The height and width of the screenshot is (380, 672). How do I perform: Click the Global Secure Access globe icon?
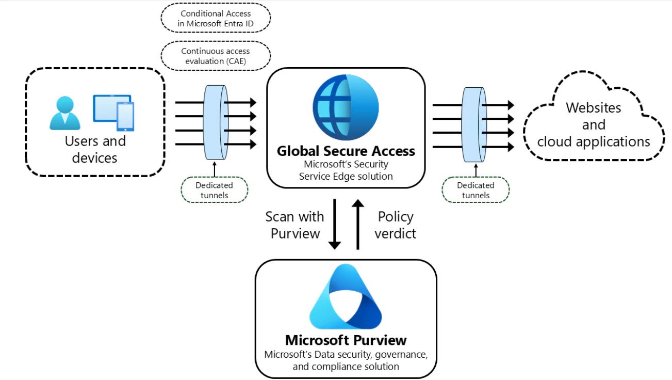click(x=346, y=107)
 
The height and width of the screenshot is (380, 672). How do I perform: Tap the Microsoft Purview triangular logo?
click(x=346, y=296)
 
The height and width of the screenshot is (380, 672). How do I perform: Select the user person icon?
click(x=65, y=113)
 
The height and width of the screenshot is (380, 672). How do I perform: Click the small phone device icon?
click(x=125, y=117)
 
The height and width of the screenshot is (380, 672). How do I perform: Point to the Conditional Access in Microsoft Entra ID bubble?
click(x=216, y=18)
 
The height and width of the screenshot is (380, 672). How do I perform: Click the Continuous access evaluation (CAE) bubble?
click(x=216, y=56)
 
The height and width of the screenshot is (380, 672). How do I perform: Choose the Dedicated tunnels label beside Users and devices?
click(x=214, y=190)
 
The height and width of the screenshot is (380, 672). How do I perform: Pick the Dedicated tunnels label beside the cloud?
click(x=476, y=190)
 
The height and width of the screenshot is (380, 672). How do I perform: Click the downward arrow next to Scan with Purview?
click(x=335, y=224)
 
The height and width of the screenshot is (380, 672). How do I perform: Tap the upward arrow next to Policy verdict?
click(x=357, y=224)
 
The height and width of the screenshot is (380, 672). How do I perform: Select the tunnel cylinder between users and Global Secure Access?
click(x=216, y=122)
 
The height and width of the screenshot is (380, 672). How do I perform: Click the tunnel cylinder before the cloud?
click(x=474, y=124)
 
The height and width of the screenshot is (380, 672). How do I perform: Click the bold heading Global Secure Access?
click(x=346, y=151)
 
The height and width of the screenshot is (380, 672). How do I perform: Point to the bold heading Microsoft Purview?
click(x=346, y=340)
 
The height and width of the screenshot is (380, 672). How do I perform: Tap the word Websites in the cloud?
click(x=594, y=107)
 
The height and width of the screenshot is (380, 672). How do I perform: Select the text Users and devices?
click(x=95, y=149)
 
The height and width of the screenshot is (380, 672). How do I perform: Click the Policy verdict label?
click(x=395, y=225)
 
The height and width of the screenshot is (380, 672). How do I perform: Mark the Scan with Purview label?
click(x=294, y=225)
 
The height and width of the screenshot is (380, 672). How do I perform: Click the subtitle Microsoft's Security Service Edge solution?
click(x=346, y=170)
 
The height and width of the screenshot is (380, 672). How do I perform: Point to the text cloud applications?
click(x=594, y=141)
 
